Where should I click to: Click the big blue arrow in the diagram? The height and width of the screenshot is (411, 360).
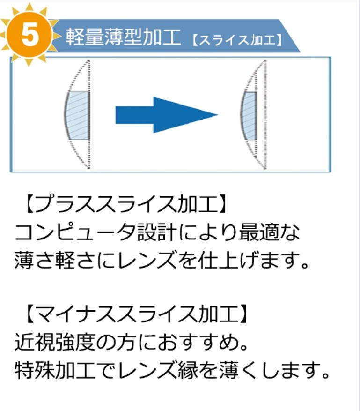tap(166, 115)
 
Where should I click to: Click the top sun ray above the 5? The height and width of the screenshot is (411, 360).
tap(29, 7)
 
